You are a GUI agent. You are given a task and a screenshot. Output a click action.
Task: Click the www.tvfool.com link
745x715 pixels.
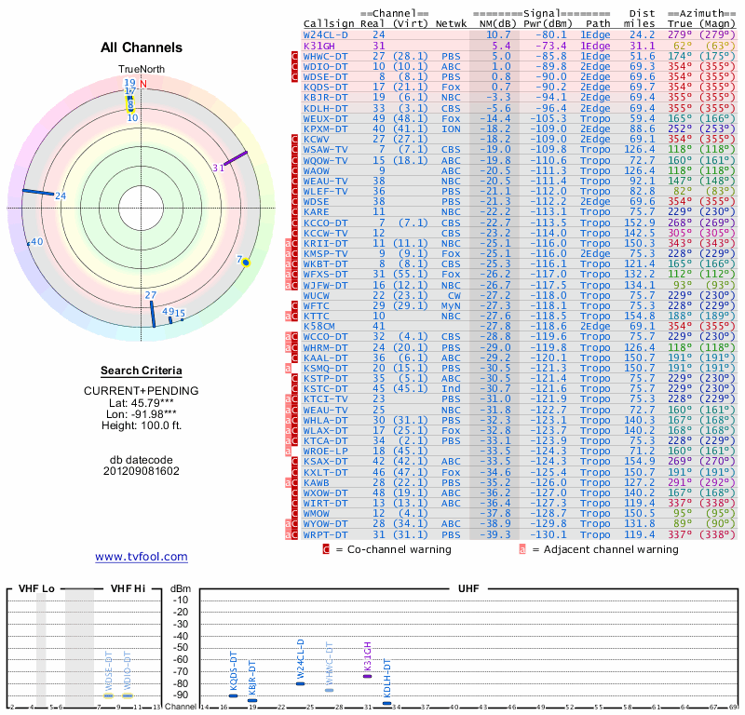point(142,557)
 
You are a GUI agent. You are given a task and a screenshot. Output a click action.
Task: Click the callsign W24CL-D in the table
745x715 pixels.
point(325,34)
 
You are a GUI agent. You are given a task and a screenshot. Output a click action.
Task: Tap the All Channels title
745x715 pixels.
point(142,47)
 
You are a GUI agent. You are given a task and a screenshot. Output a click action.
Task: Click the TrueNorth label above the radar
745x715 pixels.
point(136,70)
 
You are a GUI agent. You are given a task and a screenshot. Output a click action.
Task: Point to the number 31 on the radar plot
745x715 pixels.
point(219,168)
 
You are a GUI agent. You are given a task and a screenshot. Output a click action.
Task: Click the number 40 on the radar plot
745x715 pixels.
point(37,242)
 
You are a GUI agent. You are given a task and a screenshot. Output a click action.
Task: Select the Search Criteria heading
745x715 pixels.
point(142,371)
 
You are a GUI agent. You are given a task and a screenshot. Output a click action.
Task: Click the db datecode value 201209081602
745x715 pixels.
point(142,470)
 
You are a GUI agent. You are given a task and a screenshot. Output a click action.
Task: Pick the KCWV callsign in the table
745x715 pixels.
point(317,139)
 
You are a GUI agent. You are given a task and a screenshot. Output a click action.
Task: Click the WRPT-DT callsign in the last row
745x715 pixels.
point(325,534)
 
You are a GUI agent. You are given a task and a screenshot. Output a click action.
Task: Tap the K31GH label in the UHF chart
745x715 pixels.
point(368,656)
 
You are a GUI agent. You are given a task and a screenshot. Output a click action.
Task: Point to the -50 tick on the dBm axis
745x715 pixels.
point(181,647)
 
